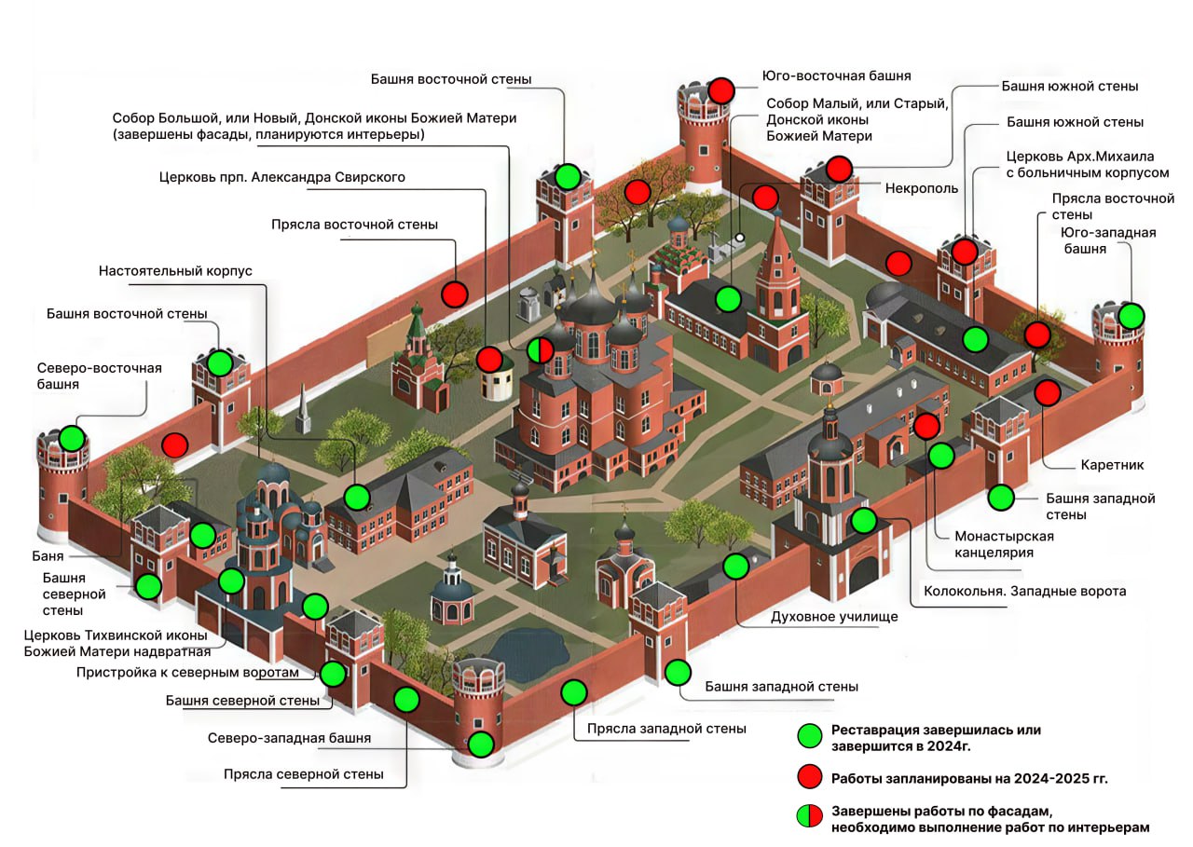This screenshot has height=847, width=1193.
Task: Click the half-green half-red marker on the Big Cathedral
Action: point(540,350)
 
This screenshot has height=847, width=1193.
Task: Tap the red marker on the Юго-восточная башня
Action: point(721,91)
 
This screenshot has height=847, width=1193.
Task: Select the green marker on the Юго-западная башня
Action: point(1131,316)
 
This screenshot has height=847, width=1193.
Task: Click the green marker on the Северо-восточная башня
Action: point(73,439)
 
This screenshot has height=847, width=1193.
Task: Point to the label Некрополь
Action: point(922,188)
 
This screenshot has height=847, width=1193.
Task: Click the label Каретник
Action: point(1112,465)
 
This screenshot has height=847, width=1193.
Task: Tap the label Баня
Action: point(48,556)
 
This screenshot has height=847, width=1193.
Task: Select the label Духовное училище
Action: point(834,617)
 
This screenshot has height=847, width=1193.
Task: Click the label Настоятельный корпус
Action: point(175,271)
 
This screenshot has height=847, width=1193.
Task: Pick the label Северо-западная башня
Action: point(289,738)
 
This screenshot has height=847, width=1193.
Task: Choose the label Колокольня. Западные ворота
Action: point(1024,592)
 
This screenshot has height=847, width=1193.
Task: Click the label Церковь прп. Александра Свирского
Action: point(281,177)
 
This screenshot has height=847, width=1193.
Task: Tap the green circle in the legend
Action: point(810,736)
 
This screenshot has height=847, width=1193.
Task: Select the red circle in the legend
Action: point(810,777)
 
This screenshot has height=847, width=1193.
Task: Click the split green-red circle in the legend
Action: point(810,815)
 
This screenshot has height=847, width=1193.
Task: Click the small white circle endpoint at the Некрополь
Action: point(740,238)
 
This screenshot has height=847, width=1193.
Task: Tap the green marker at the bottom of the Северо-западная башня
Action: point(481,745)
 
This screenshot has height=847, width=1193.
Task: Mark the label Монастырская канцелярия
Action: point(1004,544)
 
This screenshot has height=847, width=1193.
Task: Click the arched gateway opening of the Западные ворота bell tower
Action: point(864,576)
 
